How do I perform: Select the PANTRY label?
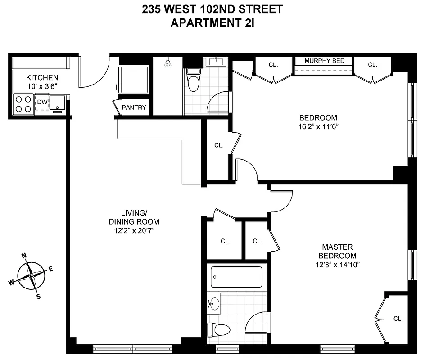(x=134, y=108)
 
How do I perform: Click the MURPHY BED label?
(x=324, y=61)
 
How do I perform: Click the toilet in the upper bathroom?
(x=193, y=81)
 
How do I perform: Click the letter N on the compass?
(x=24, y=256)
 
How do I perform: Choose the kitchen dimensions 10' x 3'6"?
(x=42, y=85)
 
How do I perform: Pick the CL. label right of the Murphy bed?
(x=372, y=65)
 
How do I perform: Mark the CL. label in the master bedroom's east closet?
(x=398, y=319)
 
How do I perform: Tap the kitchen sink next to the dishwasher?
(x=58, y=103)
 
